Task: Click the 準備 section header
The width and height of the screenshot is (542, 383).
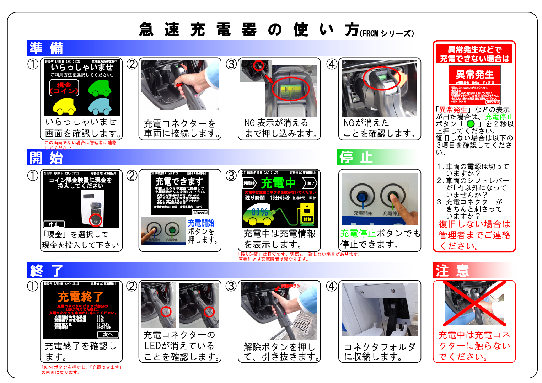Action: click(46, 48)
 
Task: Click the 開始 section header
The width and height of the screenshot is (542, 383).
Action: click(46, 158)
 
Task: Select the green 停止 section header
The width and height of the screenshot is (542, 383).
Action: click(356, 157)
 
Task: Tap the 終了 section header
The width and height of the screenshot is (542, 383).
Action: click(46, 271)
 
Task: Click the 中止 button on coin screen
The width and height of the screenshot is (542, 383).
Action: click(54, 224)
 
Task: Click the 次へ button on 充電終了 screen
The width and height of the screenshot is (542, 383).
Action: click(108, 335)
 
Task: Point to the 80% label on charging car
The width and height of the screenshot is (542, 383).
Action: click(260, 212)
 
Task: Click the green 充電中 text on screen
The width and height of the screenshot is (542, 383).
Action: click(278, 183)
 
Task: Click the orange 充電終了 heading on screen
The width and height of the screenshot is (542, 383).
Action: click(80, 296)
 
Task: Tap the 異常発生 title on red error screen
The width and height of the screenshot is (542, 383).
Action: click(474, 74)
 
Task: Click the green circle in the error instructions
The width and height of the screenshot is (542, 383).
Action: click(471, 124)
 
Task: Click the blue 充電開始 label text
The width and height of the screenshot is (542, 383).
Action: click(201, 223)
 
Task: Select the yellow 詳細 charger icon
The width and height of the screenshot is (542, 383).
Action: click(307, 213)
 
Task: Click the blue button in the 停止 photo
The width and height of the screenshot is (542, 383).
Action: click(362, 196)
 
